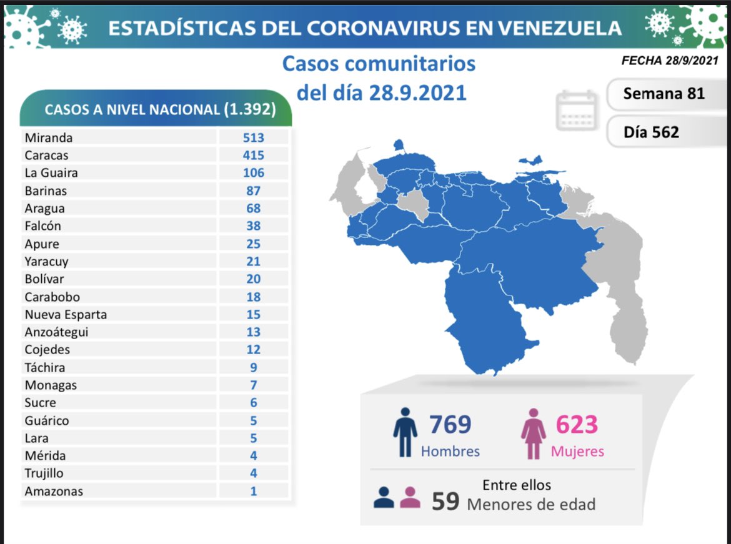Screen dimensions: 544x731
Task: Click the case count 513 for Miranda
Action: coord(254,137)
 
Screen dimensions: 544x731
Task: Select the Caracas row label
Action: coord(47,155)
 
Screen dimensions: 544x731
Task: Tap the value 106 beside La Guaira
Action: coord(254,173)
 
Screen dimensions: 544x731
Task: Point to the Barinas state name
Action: coord(46,190)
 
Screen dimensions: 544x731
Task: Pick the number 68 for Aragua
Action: coord(254,208)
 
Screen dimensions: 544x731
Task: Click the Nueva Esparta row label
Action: coord(66,314)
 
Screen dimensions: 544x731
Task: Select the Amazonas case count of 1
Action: coord(254,491)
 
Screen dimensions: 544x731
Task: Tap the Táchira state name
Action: coord(45,367)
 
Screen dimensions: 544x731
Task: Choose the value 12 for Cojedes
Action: coord(254,350)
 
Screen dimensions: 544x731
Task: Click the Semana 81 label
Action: coord(664,94)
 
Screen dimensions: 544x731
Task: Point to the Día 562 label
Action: coord(651,132)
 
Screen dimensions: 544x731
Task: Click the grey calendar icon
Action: coord(577,110)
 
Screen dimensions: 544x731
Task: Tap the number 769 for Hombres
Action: coord(450,425)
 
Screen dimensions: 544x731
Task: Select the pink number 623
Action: coord(577,425)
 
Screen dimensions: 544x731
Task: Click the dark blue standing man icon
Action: coord(405,432)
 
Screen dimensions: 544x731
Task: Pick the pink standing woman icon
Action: coord(533,433)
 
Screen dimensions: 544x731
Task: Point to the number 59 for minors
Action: coord(445,502)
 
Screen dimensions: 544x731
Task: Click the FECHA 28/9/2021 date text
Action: coord(670,61)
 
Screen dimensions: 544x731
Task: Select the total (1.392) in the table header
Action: coord(250,109)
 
